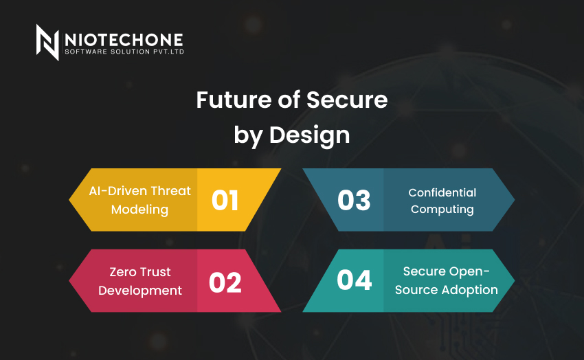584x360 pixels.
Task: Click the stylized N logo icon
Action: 47,42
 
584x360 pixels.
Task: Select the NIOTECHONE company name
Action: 124,40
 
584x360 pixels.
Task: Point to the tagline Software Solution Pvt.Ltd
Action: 124,52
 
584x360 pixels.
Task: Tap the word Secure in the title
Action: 347,100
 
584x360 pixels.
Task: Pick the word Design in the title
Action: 309,135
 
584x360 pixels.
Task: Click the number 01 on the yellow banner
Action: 225,201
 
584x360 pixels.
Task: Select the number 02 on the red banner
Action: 225,282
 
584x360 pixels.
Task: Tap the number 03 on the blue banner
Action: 354,201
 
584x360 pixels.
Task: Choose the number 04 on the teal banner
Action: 355,280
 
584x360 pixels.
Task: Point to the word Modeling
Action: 139,210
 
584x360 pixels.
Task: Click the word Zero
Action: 122,272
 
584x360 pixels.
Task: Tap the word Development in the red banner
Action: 140,291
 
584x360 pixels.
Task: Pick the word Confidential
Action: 442,192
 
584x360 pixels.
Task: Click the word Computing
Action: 442,210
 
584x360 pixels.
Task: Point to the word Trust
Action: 156,272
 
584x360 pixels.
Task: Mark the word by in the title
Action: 248,136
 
